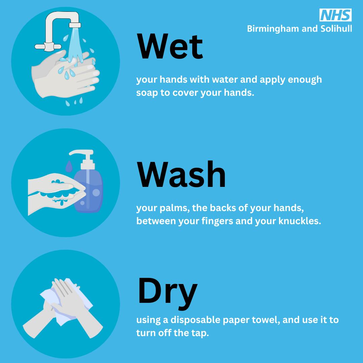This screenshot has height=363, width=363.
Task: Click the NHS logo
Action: click(335, 15)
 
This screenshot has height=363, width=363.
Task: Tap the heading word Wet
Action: click(170, 46)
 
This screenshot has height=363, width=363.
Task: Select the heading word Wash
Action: click(181, 174)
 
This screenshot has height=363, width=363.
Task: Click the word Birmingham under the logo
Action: click(273, 29)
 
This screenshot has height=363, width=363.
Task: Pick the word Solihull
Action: click(336, 29)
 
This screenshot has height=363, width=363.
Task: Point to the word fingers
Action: click(217, 221)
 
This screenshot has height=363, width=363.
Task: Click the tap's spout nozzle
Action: click(75, 25)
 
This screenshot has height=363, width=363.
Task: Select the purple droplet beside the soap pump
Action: click(69, 166)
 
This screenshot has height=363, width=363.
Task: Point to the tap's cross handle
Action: click(48, 46)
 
